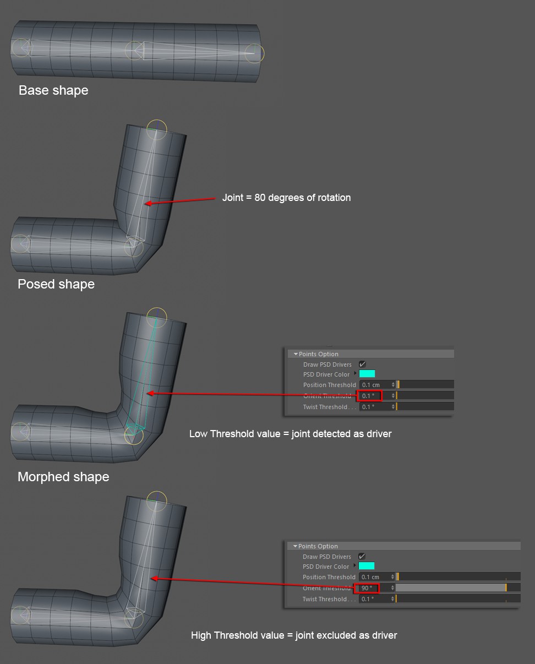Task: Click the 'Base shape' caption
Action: [53, 90]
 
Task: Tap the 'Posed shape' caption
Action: [56, 284]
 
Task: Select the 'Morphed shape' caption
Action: [63, 477]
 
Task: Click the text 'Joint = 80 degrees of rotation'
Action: [286, 198]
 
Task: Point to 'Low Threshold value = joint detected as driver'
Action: [290, 434]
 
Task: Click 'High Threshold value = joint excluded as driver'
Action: [294, 635]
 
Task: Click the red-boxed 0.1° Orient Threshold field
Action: [369, 395]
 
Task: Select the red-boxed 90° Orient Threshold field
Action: [367, 588]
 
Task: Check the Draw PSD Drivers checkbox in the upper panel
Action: [362, 364]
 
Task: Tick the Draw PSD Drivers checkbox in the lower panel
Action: [362, 556]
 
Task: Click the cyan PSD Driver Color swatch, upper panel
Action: [367, 374]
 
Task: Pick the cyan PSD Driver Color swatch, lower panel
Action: [367, 566]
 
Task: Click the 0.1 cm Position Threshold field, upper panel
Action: [377, 385]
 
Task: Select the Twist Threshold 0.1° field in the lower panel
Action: [376, 599]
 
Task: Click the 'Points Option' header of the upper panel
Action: [318, 354]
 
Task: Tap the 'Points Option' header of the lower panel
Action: [318, 546]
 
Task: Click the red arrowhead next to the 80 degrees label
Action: [149, 203]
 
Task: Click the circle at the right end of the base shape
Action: [254, 53]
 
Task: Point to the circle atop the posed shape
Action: [157, 129]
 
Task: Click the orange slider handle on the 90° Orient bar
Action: [506, 587]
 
